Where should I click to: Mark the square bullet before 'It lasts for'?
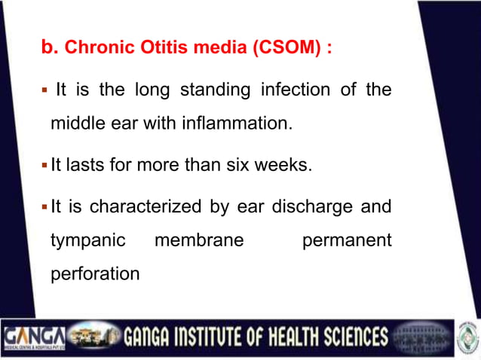pos(44,164)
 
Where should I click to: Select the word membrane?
pos(198,240)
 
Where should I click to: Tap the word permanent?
pos(346,240)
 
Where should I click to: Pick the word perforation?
pos(94,274)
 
